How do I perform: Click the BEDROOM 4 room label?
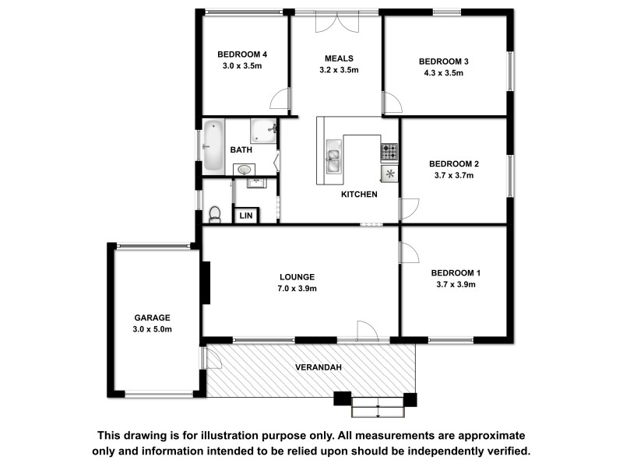pyautogui.click(x=242, y=54)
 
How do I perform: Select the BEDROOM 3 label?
pyautogui.click(x=443, y=61)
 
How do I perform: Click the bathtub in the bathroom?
pyautogui.click(x=213, y=146)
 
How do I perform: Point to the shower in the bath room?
pyautogui.click(x=264, y=130)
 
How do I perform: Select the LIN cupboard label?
pyautogui.click(x=246, y=216)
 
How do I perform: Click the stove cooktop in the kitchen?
pyautogui.click(x=389, y=149)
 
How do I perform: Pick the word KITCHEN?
pyautogui.click(x=359, y=195)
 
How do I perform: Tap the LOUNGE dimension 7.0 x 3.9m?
pyautogui.click(x=298, y=289)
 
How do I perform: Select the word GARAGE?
pyautogui.click(x=152, y=318)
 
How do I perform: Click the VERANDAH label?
pyautogui.click(x=318, y=367)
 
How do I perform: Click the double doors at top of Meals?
pyautogui.click(x=336, y=22)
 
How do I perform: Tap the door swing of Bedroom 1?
pyautogui.click(x=409, y=254)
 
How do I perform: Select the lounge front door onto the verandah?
pyautogui.click(x=366, y=332)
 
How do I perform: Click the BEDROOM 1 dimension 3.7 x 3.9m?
pyautogui.click(x=456, y=284)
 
